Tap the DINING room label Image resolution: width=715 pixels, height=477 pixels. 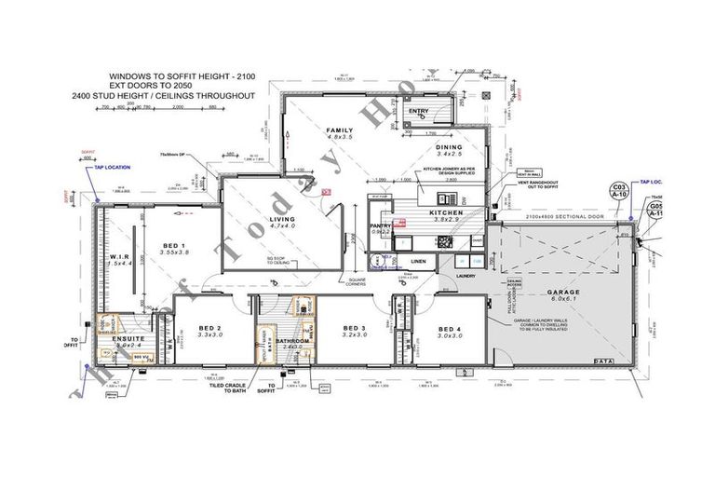(x=450, y=147)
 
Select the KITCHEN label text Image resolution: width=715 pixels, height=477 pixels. (x=446, y=213)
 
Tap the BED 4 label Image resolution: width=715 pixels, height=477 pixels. (x=449, y=328)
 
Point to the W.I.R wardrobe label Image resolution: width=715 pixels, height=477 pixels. (x=118, y=256)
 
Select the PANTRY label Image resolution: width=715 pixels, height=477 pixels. (x=379, y=225)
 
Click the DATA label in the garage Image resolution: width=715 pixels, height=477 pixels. (x=601, y=360)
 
